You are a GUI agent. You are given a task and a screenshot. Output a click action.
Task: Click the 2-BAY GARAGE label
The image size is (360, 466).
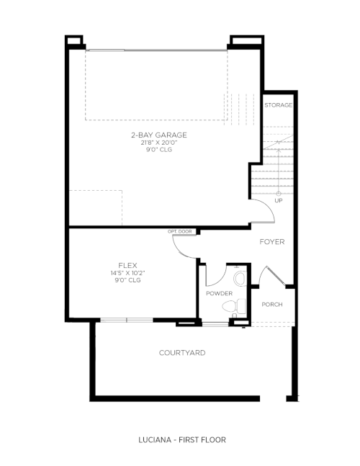[159, 135]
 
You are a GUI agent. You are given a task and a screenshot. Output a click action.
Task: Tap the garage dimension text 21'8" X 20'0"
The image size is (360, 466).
[159, 143]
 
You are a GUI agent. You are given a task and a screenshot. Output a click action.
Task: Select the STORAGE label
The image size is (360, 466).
[279, 105]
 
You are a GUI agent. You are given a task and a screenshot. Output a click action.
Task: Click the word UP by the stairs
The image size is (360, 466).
[279, 201]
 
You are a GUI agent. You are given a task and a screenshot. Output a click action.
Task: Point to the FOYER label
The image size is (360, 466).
[272, 241]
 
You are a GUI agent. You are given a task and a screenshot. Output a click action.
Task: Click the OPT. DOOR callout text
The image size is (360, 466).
[180, 231]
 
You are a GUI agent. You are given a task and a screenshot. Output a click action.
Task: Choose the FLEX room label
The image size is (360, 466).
[127, 265]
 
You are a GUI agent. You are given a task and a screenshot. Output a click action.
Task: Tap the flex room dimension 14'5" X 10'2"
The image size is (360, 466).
[127, 273]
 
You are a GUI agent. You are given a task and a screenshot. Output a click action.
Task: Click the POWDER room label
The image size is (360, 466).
[219, 293]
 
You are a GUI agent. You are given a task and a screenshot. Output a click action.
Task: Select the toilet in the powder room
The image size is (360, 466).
[234, 306]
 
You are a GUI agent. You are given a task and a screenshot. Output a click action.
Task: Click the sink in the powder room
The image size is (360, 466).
[240, 279]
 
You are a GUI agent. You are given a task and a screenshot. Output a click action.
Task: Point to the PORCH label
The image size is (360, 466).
[272, 305]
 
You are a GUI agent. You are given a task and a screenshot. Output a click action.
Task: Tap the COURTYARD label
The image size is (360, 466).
[182, 353]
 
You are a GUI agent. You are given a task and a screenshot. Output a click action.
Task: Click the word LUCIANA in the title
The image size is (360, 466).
[155, 439]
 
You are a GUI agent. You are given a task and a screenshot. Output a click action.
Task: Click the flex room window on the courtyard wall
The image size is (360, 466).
[127, 320]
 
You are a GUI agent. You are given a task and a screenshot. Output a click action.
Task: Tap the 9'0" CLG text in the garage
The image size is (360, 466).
[159, 150]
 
